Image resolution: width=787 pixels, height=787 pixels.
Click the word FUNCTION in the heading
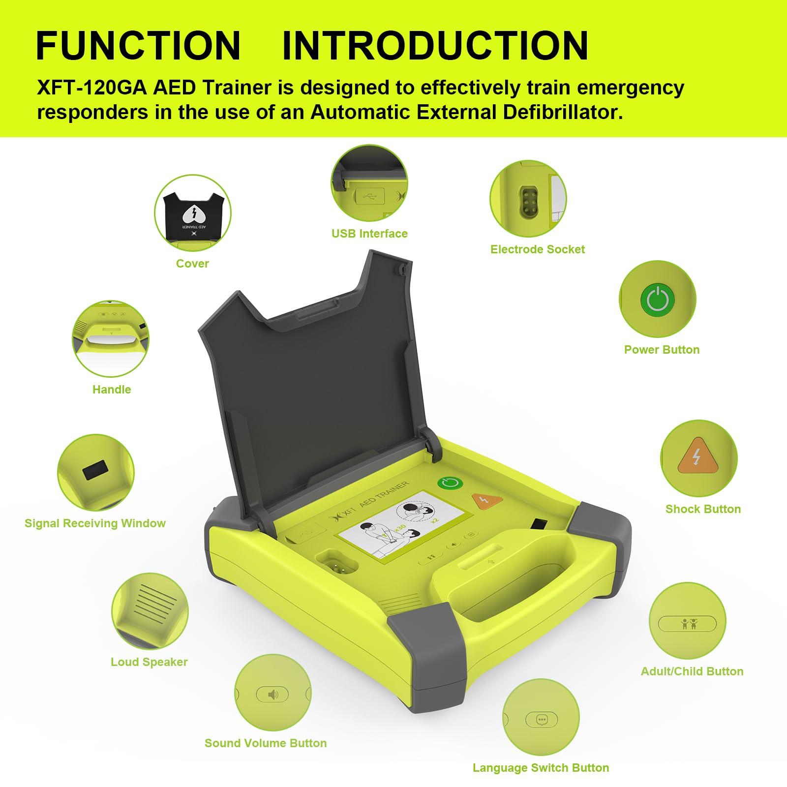[138, 46]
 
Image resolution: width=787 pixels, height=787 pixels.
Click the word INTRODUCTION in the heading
[435, 46]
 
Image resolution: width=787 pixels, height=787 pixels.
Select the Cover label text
[192, 264]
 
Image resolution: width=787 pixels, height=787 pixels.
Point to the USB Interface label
[369, 234]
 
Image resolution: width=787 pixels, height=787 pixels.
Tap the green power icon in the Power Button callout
[657, 300]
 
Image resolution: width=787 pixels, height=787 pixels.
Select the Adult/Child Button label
[692, 671]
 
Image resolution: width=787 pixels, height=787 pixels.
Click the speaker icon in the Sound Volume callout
[272, 695]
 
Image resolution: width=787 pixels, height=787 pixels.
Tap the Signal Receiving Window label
[95, 523]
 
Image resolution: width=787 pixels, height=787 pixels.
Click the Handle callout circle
[112, 340]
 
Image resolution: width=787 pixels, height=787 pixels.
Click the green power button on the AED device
[450, 483]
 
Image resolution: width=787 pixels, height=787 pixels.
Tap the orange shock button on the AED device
[486, 501]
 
